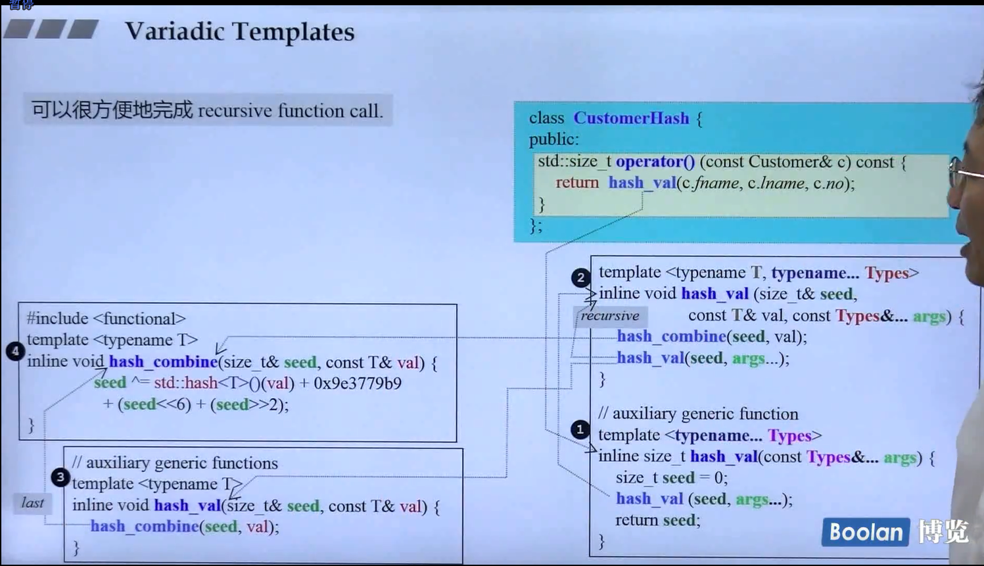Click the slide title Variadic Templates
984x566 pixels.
pyautogui.click(x=239, y=32)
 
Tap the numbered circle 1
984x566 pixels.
pyautogui.click(x=580, y=429)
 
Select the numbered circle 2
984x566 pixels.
pyautogui.click(x=580, y=278)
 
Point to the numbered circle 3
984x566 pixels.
pyautogui.click(x=60, y=477)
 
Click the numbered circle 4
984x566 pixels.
pyautogui.click(x=14, y=351)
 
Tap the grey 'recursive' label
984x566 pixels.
pyautogui.click(x=610, y=316)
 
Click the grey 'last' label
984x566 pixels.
pyautogui.click(x=32, y=503)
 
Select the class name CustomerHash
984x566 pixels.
pyautogui.click(x=631, y=118)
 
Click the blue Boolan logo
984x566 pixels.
pyautogui.click(x=865, y=532)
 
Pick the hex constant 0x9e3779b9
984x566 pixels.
pyautogui.click(x=358, y=383)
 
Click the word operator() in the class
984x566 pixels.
pyautogui.click(x=655, y=162)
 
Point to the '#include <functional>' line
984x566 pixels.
pyautogui.click(x=106, y=318)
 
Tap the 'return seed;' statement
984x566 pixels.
pyautogui.click(x=657, y=520)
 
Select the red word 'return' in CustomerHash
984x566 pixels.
pyautogui.click(x=576, y=183)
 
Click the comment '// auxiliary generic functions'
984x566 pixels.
pyautogui.click(x=175, y=463)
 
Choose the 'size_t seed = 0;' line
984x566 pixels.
pyautogui.click(x=671, y=477)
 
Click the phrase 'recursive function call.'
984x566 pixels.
pyautogui.click(x=290, y=110)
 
